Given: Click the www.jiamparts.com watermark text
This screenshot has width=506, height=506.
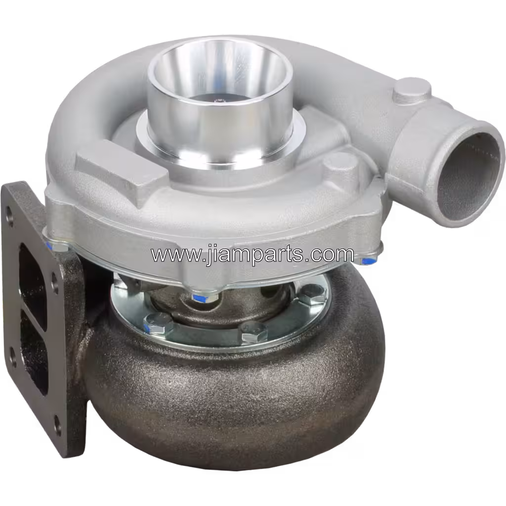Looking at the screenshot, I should coord(252,254).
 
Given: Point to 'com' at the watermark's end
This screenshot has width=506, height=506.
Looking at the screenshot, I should coord(336,254).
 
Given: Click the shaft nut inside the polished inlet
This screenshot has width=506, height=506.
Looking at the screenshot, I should coord(218,101).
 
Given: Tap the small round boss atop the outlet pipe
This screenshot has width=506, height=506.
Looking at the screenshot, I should coord(412,89).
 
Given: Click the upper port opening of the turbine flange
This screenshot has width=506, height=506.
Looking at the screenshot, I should coord(33,284).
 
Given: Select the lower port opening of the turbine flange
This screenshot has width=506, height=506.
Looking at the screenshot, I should coord(35,356).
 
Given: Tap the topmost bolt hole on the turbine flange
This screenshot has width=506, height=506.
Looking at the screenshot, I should coord(9,216).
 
